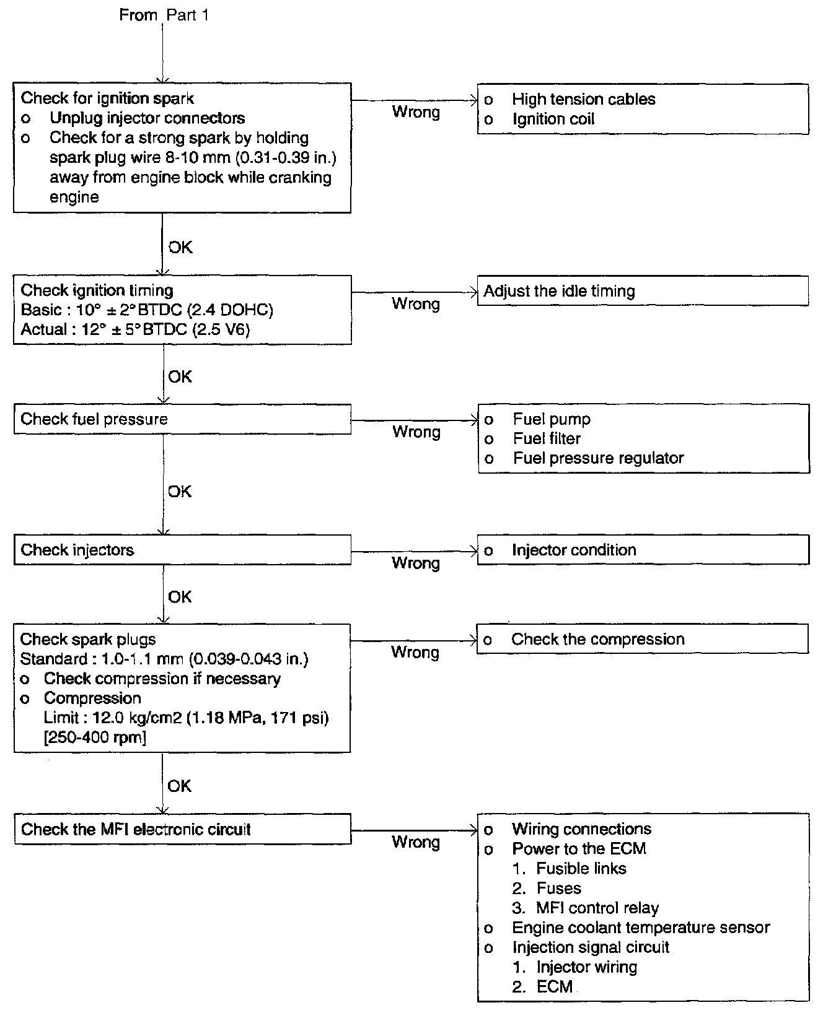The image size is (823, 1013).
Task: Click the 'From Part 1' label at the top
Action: [x=164, y=15]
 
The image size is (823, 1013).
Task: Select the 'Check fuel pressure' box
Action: [x=182, y=419]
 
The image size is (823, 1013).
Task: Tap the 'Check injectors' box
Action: [x=182, y=550]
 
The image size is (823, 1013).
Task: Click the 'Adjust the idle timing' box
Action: [x=643, y=291]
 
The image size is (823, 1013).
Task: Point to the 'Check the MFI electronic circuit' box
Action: [x=182, y=830]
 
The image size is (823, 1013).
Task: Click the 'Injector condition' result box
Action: [x=643, y=550]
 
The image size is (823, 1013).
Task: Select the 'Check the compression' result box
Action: [x=643, y=639]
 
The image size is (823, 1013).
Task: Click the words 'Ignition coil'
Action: [x=553, y=119]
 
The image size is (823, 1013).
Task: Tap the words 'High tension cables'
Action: [x=583, y=99]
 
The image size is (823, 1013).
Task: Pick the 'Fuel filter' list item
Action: [x=547, y=439]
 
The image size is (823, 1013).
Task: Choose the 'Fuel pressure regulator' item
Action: [x=598, y=458]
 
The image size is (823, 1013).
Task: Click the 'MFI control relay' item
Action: [x=597, y=908]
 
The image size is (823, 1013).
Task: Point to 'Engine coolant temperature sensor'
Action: [x=641, y=928]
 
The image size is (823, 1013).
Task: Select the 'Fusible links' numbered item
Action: [x=581, y=869]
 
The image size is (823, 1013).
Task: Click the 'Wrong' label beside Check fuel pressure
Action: [x=416, y=432]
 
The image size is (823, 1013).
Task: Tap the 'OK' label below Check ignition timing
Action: [x=180, y=376]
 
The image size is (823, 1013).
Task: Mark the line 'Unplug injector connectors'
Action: [x=147, y=118]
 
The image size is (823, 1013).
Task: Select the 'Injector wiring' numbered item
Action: [x=586, y=967]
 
